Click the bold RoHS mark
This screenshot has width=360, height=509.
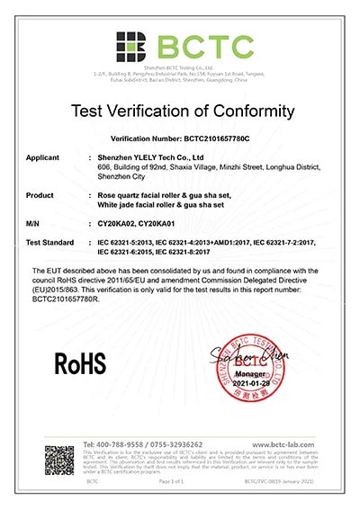(81, 362)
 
